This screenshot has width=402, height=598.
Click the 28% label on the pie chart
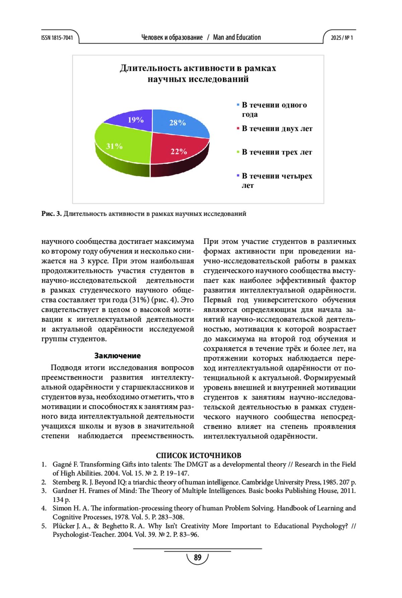(x=177, y=123)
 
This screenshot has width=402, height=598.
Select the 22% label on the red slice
(x=179, y=152)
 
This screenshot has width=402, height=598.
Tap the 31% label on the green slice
(x=114, y=146)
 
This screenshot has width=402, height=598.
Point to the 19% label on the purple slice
(x=136, y=120)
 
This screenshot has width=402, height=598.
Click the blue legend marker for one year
(x=238, y=105)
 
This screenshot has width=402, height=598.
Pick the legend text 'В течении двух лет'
(x=277, y=129)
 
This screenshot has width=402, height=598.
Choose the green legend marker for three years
(x=238, y=152)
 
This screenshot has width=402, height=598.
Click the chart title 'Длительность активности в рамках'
(x=198, y=68)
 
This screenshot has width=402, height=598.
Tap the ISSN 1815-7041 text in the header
(x=57, y=38)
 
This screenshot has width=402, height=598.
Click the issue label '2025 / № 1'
(x=342, y=38)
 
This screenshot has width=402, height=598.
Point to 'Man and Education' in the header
(x=237, y=37)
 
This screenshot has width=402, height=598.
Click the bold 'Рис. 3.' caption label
(x=52, y=214)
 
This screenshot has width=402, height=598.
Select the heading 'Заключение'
(x=118, y=356)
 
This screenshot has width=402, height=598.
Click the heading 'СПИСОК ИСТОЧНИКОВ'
(x=198, y=455)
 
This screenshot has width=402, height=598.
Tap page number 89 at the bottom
(x=198, y=557)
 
